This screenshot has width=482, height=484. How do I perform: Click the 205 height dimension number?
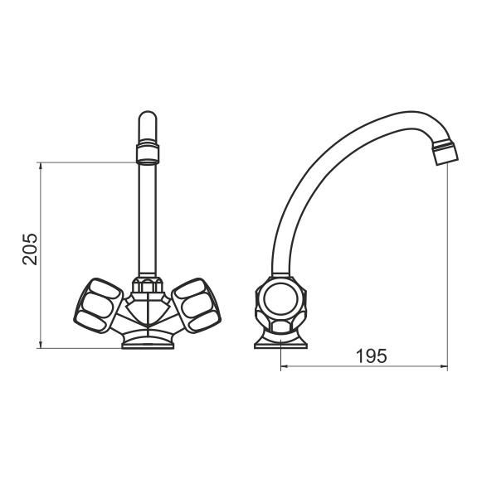pos(30,249)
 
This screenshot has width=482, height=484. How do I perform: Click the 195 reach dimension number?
pos(371,356)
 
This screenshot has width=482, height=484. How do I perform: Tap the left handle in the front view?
pos(98,306)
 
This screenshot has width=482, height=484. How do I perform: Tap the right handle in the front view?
pos(196,306)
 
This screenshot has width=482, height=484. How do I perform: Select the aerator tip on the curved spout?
pos(445,152)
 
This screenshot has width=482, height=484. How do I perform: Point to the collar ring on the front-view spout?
pos(148,152)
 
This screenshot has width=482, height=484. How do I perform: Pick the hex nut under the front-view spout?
pos(148,285)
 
